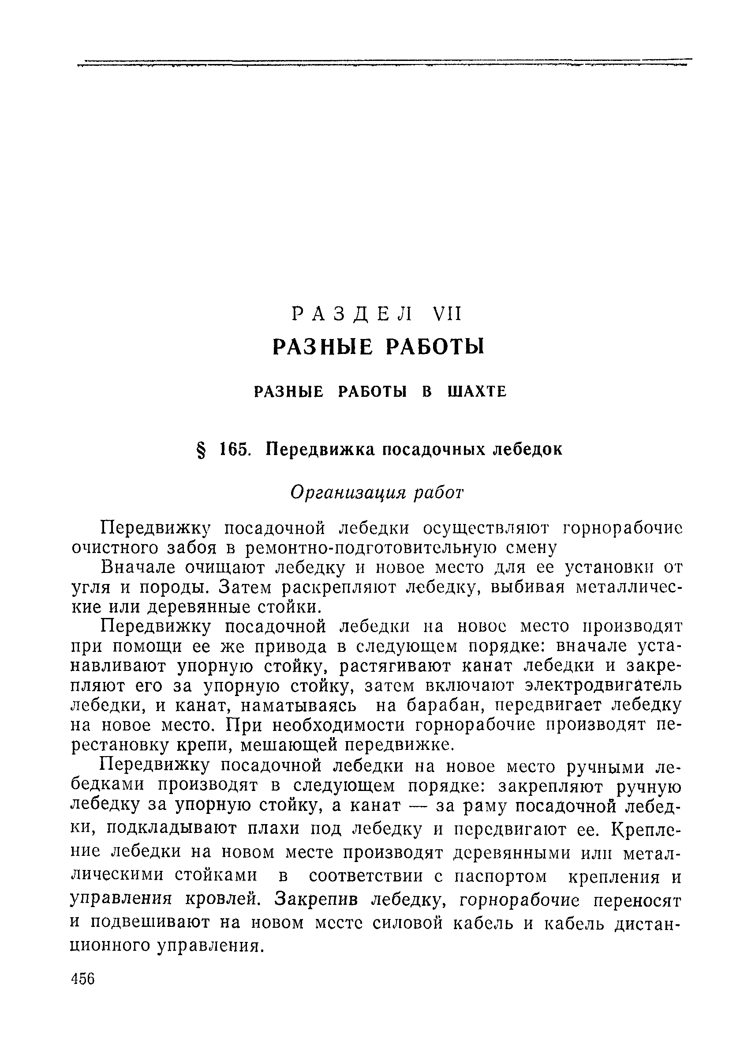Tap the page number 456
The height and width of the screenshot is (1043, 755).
pyautogui.click(x=83, y=992)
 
